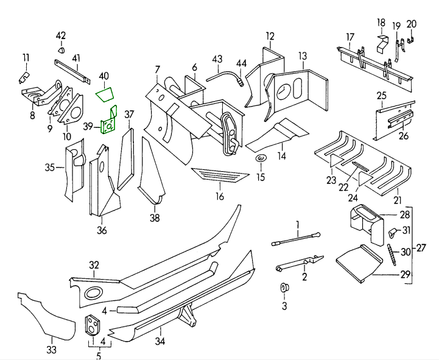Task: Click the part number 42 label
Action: coord(61,35)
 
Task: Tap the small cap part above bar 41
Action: coord(61,48)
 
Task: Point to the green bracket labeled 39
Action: coord(109,124)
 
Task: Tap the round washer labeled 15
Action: coord(260,160)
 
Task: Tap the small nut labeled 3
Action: coord(284,287)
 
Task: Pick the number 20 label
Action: coord(412,24)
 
